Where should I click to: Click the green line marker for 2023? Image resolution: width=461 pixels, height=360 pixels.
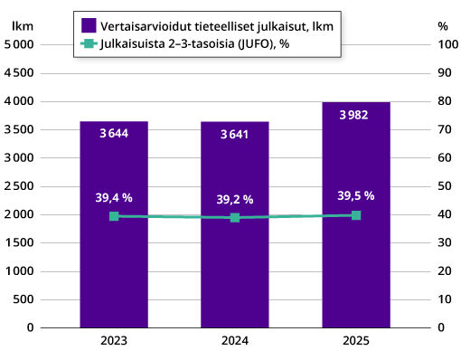click(114, 216)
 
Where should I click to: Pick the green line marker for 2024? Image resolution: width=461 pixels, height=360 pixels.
click(235, 217)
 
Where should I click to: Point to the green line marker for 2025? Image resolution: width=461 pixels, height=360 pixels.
click(356, 215)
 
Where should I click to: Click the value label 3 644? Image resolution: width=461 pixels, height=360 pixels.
click(114, 134)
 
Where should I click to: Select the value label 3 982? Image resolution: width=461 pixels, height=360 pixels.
click(356, 115)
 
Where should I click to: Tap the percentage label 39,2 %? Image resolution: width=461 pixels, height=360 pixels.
click(235, 199)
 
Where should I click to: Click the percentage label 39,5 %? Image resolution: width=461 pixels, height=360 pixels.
click(356, 195)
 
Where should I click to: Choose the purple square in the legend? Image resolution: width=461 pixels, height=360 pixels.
click(89, 25)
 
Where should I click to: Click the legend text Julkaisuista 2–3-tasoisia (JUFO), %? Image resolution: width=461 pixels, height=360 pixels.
click(191, 43)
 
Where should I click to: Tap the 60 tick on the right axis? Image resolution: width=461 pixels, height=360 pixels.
click(443, 157)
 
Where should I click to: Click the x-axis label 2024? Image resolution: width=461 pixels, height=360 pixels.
click(235, 342)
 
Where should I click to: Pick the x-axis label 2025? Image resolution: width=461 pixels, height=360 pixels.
click(356, 342)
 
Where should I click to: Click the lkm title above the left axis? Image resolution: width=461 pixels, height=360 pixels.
click(23, 26)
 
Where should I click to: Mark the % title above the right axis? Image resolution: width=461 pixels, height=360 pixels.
click(442, 26)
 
